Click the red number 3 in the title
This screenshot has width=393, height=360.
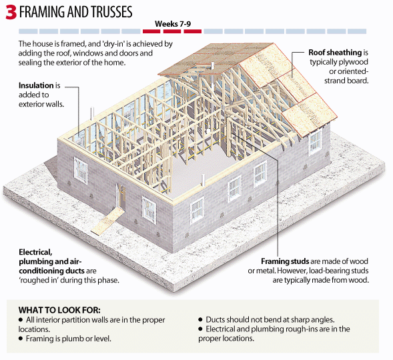(x=11, y=12)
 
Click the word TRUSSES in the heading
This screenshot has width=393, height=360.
(x=111, y=12)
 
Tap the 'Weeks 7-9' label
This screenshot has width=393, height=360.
(x=173, y=24)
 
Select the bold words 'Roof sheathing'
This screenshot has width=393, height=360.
(x=335, y=53)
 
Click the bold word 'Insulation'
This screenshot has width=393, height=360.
(x=36, y=85)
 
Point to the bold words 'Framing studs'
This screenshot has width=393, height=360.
(x=285, y=261)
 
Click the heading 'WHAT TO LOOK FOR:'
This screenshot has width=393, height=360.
(x=59, y=310)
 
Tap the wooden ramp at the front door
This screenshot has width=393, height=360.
(x=107, y=221)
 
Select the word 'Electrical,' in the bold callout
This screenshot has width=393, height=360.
(x=35, y=252)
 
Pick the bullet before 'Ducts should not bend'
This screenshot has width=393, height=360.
(x=200, y=320)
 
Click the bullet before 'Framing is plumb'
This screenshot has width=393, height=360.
(x=21, y=339)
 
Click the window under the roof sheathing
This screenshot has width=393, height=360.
(x=315, y=142)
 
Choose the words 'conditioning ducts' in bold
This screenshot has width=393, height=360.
(x=51, y=271)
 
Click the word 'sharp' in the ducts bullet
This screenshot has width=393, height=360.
(x=302, y=320)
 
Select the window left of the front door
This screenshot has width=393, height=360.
(x=81, y=170)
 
